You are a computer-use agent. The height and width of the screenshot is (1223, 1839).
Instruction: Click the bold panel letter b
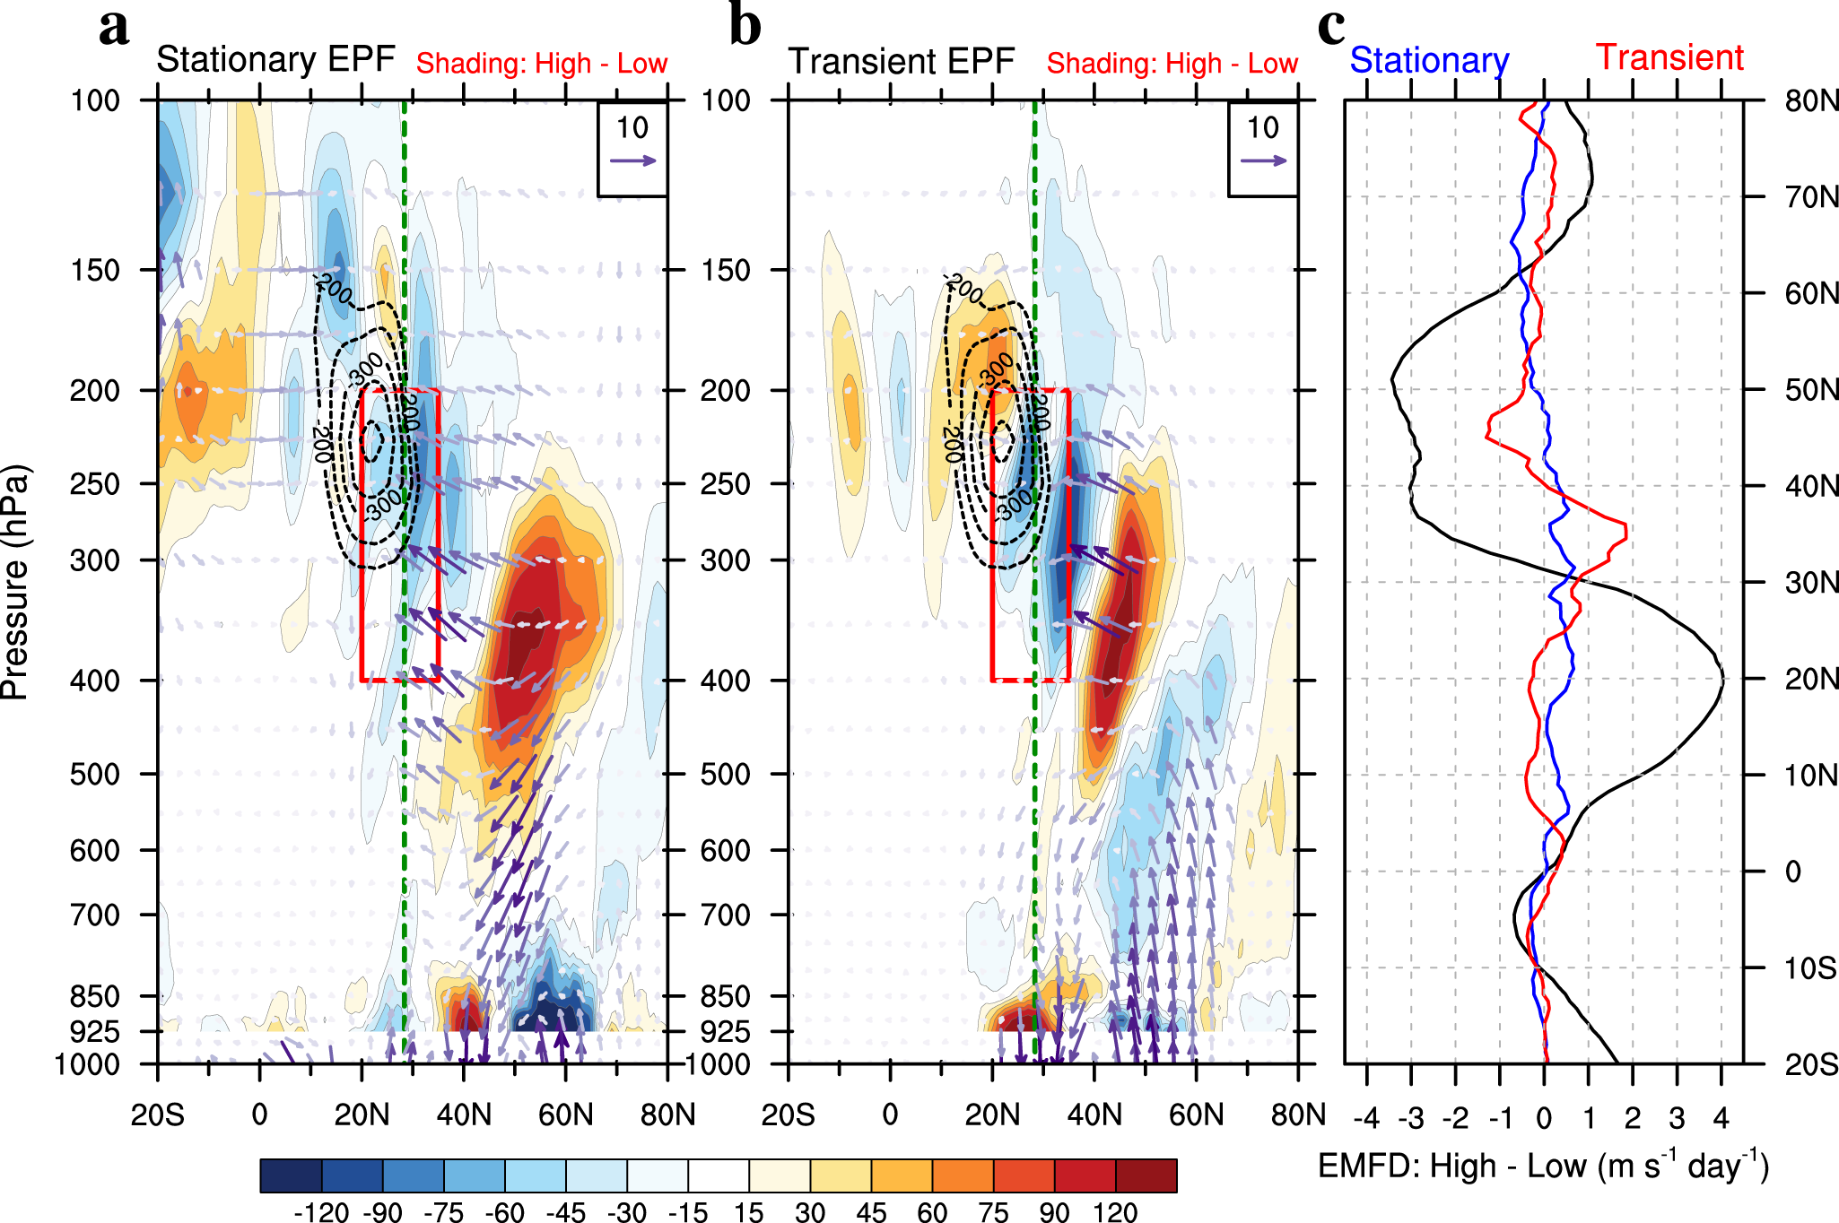point(745,27)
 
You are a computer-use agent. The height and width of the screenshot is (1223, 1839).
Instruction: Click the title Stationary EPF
point(275,60)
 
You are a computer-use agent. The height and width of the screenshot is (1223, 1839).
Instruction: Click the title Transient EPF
point(901,62)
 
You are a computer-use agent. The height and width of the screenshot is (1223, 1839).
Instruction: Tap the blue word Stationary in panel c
point(1429,61)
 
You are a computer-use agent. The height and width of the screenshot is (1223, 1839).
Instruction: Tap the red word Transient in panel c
point(1669,57)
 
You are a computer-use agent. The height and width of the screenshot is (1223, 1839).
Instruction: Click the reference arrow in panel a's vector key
point(632,161)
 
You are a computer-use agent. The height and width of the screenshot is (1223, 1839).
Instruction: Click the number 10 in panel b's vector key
point(1263,128)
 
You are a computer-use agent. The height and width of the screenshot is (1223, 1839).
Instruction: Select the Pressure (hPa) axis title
point(16,582)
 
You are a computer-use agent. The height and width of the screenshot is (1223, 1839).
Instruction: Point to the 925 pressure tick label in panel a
point(95,1032)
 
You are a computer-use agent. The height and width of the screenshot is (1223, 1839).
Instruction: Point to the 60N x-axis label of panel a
point(565,1115)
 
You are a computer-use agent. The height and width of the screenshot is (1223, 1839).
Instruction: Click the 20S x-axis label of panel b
point(788,1115)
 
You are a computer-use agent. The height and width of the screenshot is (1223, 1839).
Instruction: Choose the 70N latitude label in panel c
point(1810,197)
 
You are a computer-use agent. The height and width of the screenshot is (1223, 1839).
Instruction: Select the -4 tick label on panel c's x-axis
point(1365,1119)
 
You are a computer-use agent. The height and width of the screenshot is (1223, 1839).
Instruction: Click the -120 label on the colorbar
point(321,1212)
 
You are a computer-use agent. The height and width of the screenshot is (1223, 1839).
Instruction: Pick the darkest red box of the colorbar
point(1146,1175)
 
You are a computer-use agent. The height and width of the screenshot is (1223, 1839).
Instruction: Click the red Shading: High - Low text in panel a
point(541,64)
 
